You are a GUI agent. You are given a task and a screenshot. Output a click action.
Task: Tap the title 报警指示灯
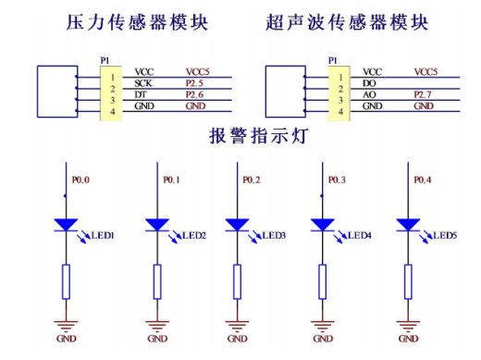coord(242,137)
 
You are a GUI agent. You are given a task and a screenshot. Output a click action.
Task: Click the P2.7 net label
coord(425,95)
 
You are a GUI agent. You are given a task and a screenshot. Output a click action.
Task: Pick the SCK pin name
coord(143,83)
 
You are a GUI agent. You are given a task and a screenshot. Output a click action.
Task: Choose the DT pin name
coord(142,95)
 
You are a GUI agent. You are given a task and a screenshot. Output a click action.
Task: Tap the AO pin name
coord(370,95)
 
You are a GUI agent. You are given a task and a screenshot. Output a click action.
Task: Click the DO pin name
coord(370,83)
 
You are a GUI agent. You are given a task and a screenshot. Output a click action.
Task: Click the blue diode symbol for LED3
coord(238,224)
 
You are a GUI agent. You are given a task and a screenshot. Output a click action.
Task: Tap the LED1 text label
coord(102,236)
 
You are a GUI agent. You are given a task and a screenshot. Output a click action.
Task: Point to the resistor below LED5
coord(407,281)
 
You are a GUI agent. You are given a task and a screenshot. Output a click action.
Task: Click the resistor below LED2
coord(156,281)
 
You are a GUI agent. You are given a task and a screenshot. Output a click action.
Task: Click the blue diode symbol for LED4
coord(323,224)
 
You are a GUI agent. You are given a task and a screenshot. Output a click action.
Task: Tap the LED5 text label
coord(445,236)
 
